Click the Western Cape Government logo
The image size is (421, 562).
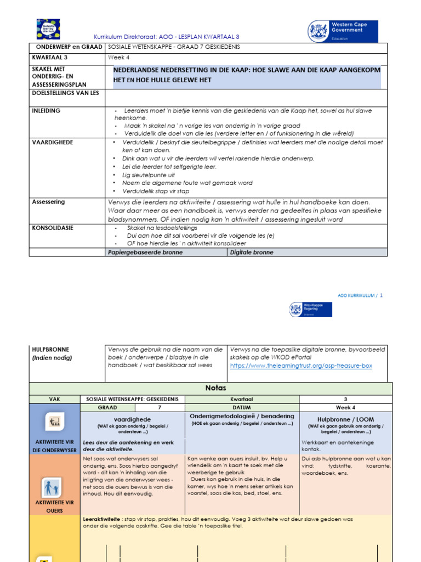tap(343, 32)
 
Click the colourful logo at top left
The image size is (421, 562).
tap(48, 29)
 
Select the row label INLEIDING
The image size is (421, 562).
tap(46, 111)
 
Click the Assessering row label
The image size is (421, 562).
tap(48, 202)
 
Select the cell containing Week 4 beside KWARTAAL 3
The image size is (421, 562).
tap(119, 58)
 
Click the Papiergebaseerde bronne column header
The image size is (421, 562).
tap(145, 252)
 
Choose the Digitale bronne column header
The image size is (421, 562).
tap(252, 252)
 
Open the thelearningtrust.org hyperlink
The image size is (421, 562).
tap(301, 366)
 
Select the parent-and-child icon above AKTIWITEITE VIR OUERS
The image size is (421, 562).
tap(54, 488)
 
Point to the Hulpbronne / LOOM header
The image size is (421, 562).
tap(345, 419)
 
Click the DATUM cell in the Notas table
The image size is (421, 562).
tap(243, 408)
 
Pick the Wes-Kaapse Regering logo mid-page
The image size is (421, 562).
tap(310, 310)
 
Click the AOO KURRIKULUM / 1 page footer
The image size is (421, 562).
tap(360, 295)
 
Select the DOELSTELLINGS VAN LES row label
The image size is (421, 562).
tap(66, 93)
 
